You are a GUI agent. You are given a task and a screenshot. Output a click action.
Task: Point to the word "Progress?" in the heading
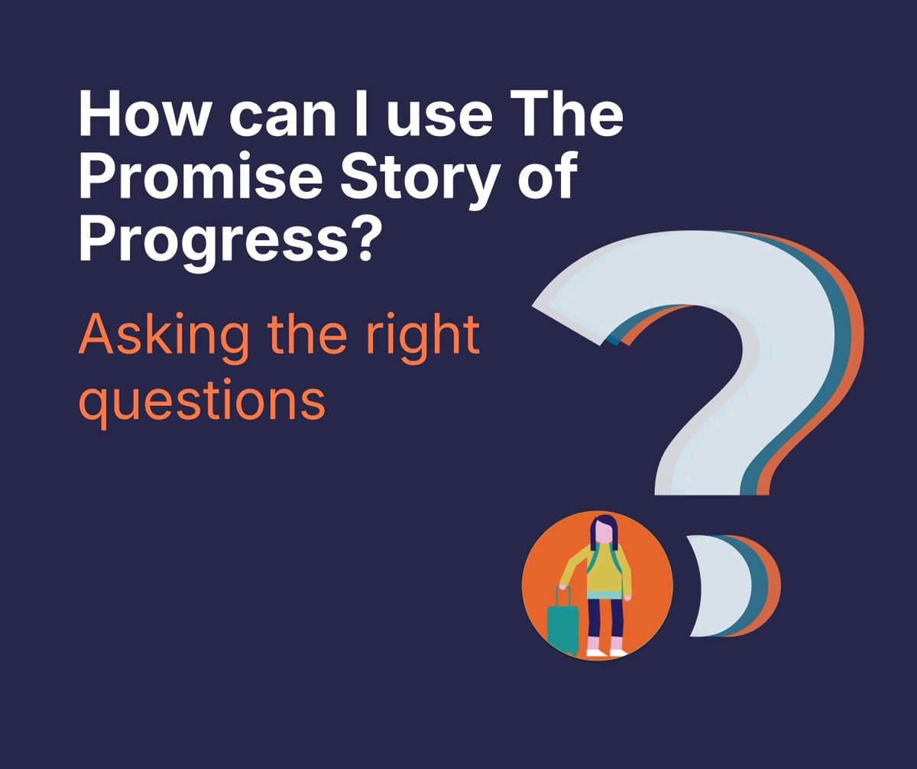[228, 241]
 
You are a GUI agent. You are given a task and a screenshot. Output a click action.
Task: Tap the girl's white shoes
[608, 652]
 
